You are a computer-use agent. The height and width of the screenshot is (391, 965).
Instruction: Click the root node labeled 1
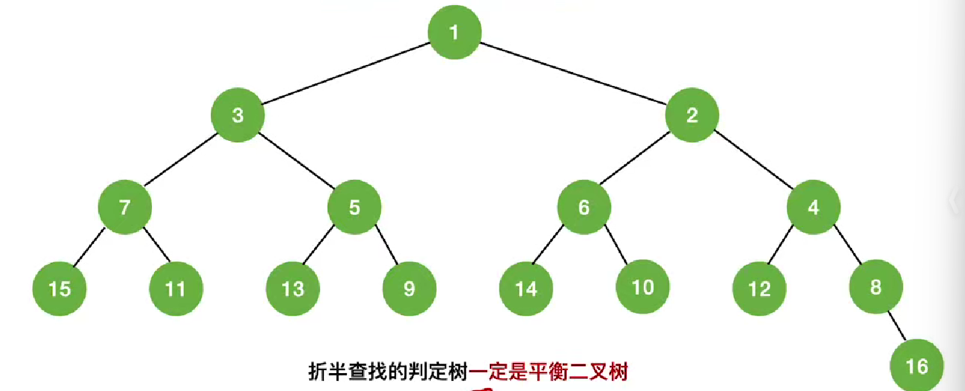click(454, 32)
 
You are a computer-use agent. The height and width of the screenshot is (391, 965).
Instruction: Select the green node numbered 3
click(238, 115)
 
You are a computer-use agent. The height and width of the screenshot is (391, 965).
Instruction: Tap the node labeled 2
click(692, 115)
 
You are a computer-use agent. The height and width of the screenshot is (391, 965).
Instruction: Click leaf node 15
click(59, 289)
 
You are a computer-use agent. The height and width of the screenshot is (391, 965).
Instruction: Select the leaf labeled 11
click(176, 289)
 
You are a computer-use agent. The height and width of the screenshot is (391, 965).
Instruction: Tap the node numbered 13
click(293, 289)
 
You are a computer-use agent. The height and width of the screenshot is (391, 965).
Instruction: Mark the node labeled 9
click(409, 289)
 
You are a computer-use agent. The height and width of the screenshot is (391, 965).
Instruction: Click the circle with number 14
click(526, 289)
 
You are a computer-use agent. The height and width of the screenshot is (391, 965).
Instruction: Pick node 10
click(642, 288)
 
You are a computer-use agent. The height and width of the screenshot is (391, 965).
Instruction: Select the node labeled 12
click(759, 289)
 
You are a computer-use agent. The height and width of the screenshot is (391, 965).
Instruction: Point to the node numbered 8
click(876, 288)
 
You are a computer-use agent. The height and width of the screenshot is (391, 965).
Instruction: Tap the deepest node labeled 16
click(917, 365)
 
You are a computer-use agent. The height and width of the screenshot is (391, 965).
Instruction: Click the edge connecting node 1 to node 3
click(345, 74)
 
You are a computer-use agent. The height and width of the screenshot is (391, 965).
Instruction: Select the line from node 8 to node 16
click(897, 327)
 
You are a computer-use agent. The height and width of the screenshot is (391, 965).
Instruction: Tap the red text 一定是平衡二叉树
click(549, 371)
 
